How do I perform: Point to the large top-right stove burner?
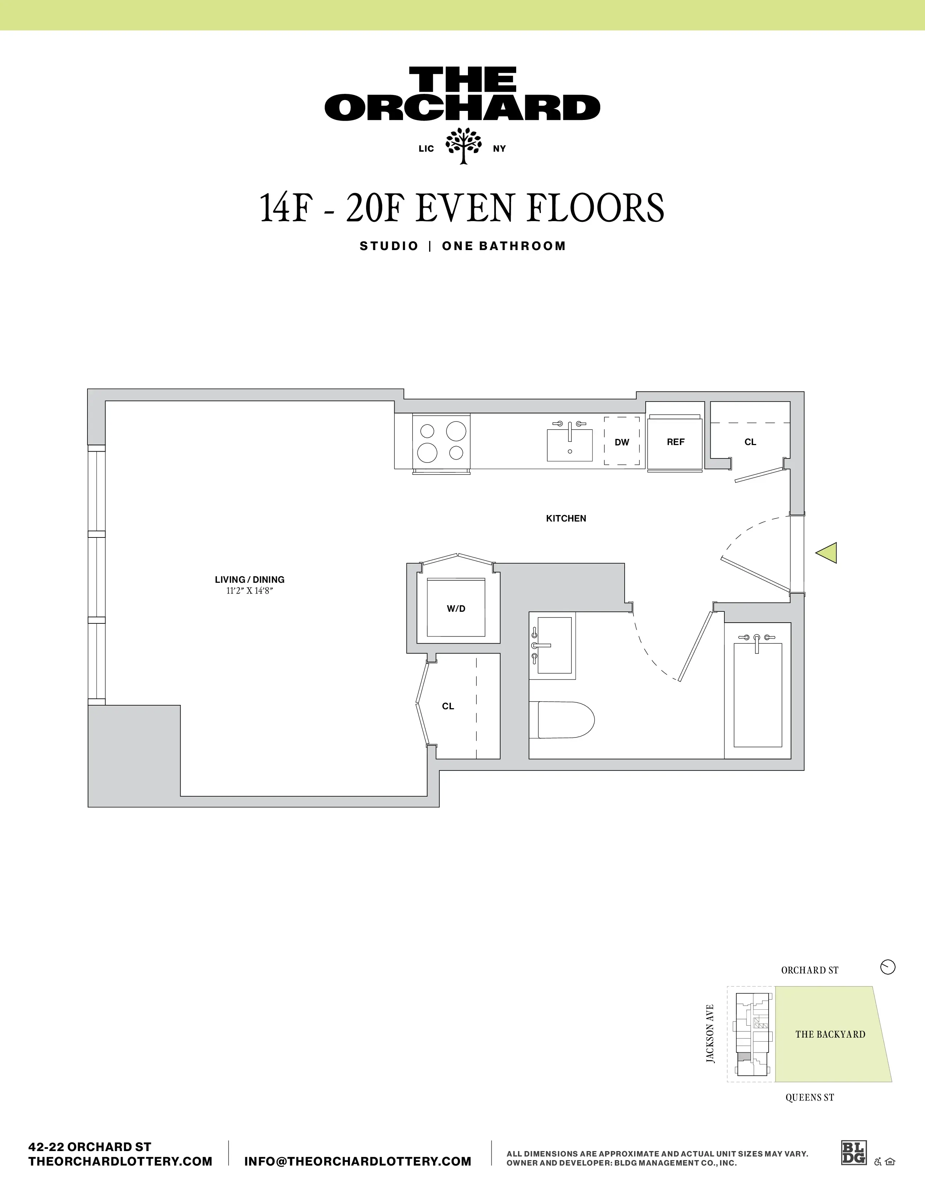click(456, 432)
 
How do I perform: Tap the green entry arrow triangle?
click(827, 553)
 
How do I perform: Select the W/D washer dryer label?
click(456, 609)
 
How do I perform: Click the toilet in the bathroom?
click(564, 719)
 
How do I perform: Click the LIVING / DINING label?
click(249, 580)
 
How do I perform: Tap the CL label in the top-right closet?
click(750, 442)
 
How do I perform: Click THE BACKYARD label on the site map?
click(830, 1034)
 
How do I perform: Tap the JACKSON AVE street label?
click(710, 1034)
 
